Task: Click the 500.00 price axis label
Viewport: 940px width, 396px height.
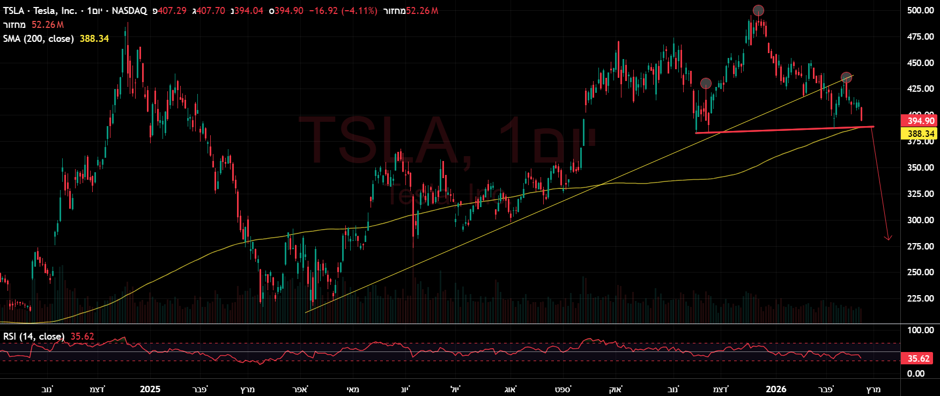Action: [x=920, y=10]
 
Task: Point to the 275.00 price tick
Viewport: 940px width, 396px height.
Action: [x=920, y=246]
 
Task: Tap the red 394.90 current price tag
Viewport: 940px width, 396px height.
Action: [x=921, y=121]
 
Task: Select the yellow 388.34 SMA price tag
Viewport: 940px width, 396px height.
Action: [x=921, y=134]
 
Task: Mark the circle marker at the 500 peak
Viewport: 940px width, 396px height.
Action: [x=758, y=10]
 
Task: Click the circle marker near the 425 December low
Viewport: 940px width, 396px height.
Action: [x=706, y=83]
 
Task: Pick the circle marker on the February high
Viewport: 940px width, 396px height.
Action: [x=846, y=77]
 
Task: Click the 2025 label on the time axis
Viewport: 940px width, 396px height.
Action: [x=150, y=389]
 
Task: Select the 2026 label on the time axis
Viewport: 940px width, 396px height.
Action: [x=776, y=389]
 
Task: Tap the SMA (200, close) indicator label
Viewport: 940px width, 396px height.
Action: [x=39, y=39]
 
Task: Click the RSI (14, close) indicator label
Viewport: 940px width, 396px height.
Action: [x=34, y=336]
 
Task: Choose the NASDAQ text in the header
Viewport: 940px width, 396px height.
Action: [x=129, y=11]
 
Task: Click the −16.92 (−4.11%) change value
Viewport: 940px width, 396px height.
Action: [x=343, y=11]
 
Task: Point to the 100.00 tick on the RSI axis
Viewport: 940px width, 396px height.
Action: [x=920, y=330]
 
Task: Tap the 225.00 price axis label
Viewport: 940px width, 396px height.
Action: [x=920, y=298]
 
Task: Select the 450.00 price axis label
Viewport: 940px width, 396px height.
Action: [x=920, y=63]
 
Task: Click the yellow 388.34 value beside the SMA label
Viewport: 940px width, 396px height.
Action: [x=94, y=39]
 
